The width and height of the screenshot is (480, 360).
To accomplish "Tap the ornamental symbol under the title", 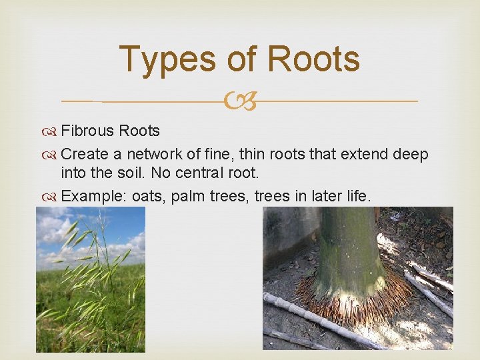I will pos(240,101).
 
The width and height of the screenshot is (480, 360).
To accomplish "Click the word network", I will pos(155,155).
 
